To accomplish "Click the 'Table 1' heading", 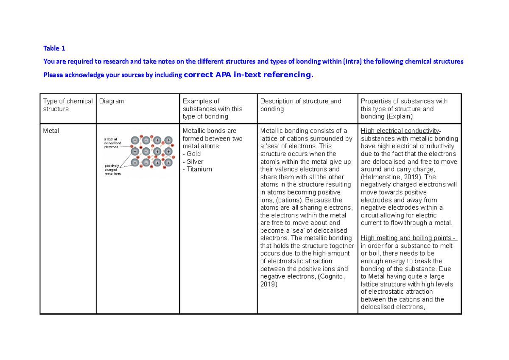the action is (54, 48).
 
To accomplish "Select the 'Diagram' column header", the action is (112, 101).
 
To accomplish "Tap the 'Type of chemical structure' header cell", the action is (68, 105).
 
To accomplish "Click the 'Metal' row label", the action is (51, 131).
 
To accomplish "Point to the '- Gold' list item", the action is (192, 154).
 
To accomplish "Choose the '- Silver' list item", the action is (193, 161).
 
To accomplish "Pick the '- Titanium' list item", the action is (197, 169).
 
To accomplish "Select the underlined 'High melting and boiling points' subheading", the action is (406, 238).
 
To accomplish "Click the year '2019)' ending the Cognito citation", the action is (268, 284).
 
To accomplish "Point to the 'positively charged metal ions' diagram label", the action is (113, 169).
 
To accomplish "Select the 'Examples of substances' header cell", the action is (212, 109).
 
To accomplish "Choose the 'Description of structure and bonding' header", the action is (300, 105).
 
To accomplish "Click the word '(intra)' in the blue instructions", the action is (352, 62).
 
